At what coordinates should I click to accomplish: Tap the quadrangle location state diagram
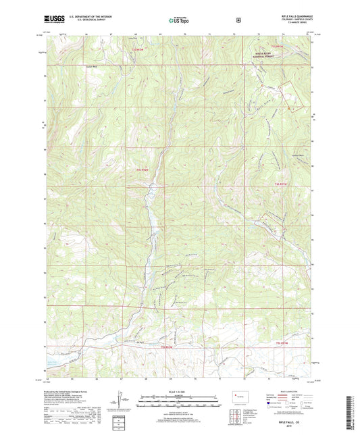[x=240, y=396]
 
